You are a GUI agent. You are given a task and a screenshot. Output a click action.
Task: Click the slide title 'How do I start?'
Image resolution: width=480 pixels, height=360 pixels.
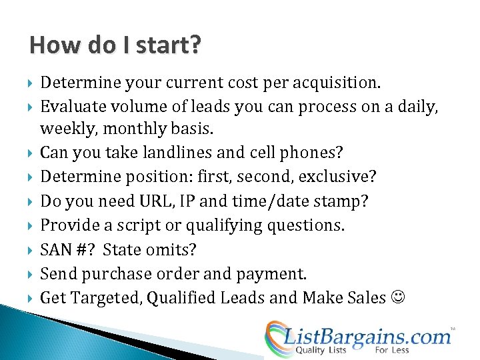[115, 45]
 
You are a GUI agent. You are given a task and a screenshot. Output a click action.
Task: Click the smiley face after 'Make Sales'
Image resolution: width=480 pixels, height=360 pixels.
[397, 298]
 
